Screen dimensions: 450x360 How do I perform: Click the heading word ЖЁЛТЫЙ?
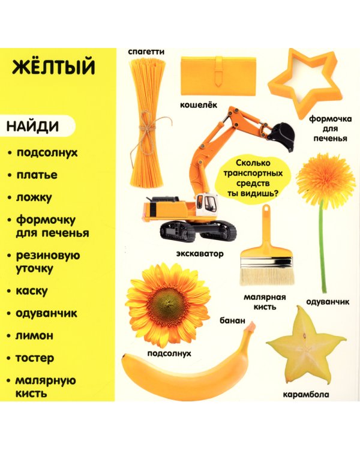[53, 67]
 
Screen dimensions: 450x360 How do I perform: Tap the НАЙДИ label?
[33, 127]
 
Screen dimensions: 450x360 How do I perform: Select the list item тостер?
[35, 358]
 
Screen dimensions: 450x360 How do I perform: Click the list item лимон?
[35, 335]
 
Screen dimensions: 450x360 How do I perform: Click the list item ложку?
[34, 197]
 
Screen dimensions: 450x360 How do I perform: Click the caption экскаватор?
[200, 253]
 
